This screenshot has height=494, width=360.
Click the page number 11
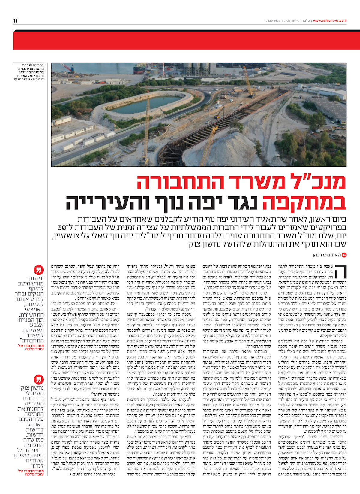point(16,21)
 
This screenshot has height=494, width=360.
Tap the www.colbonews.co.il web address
point(330,21)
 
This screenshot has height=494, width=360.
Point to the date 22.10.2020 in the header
point(273,21)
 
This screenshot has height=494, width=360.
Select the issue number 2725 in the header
point(287,21)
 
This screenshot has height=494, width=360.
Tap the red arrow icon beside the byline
point(344,255)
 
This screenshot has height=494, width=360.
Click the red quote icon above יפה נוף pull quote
point(38,270)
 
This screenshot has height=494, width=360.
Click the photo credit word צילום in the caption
point(40,79)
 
